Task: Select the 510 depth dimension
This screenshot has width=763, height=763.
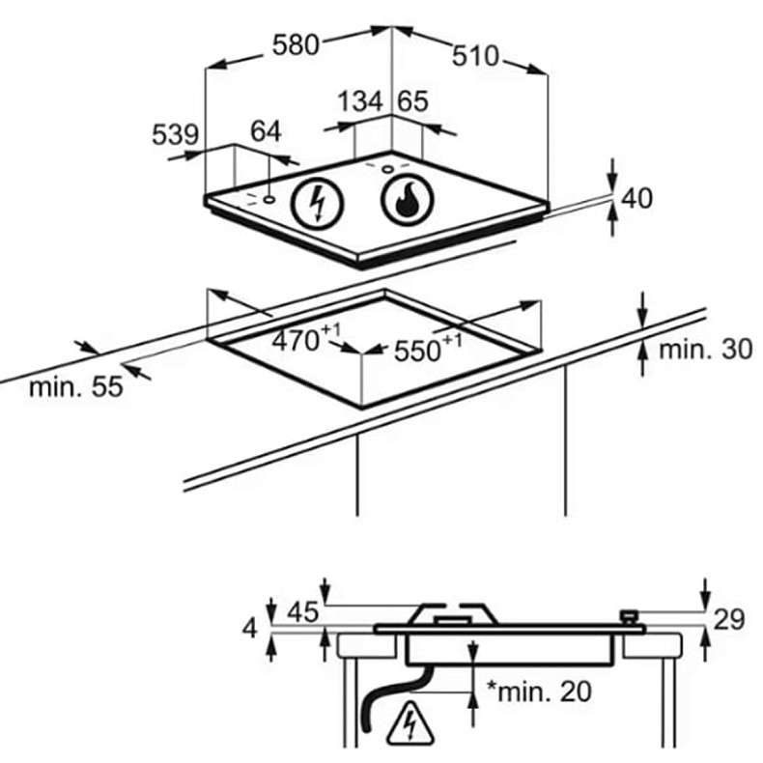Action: pyautogui.click(x=475, y=56)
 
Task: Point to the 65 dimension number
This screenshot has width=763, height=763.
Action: pyautogui.click(x=412, y=101)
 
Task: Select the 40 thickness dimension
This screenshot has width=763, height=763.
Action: pyautogui.click(x=637, y=198)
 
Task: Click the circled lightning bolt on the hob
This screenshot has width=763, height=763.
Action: pyautogui.click(x=316, y=203)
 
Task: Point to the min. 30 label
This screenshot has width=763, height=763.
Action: pyautogui.click(x=704, y=350)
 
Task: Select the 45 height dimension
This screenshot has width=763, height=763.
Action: pyautogui.click(x=302, y=612)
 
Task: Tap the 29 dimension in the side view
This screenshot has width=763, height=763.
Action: pyautogui.click(x=730, y=619)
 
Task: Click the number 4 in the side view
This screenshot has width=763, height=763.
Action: pyautogui.click(x=250, y=629)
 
